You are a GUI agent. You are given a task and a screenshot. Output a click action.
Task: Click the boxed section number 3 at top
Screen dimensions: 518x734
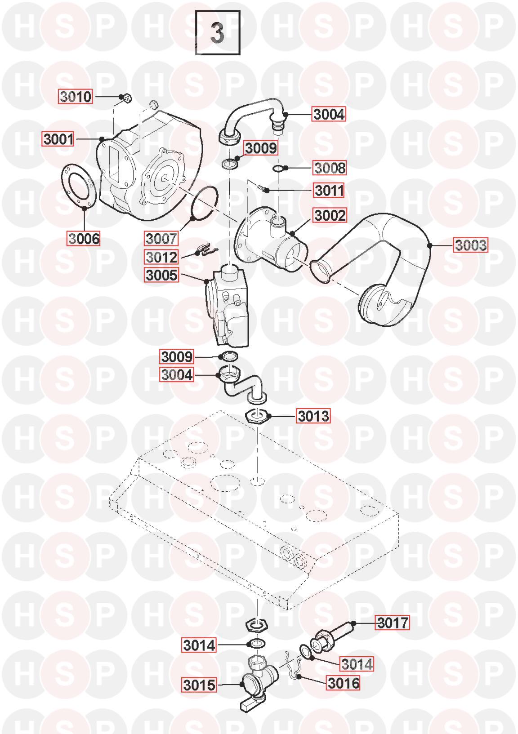coord(218,32)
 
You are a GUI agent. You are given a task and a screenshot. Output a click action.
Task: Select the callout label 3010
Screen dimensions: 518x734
coord(76,97)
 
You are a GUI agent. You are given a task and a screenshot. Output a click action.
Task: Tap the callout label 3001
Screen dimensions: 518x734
coord(58,139)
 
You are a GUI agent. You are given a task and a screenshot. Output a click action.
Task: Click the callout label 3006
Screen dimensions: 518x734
coord(84,238)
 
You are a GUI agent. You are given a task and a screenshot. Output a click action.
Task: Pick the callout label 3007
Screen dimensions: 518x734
coord(161,238)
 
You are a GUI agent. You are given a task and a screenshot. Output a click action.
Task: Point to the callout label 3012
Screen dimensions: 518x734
coord(161,257)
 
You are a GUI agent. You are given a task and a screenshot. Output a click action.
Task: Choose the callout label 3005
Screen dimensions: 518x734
coord(161,275)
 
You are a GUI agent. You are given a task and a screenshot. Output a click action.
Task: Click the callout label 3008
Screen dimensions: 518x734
coord(329,168)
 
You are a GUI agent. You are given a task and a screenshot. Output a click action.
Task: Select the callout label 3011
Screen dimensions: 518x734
coord(329,191)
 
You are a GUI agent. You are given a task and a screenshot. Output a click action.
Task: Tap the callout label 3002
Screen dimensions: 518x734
coord(330,215)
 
